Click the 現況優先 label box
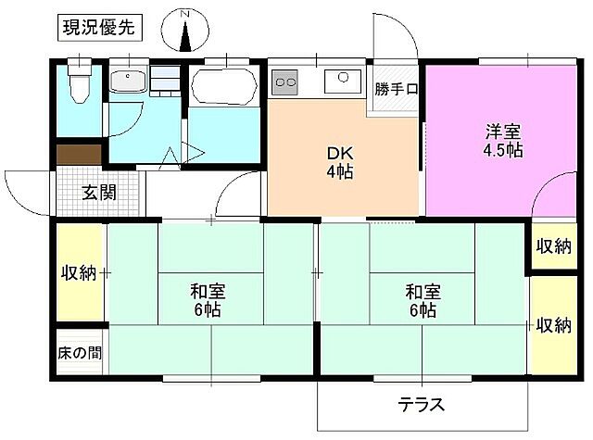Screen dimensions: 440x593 point(99,27)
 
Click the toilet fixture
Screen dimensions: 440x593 point(80,86)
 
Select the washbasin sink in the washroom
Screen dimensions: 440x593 point(128,82)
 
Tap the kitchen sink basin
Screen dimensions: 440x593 point(347,81)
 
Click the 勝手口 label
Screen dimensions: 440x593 point(397,89)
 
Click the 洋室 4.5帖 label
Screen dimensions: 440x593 point(502,140)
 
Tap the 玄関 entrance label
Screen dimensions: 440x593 point(98,193)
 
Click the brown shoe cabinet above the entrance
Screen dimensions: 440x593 point(78,155)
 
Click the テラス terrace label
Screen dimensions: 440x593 point(421,405)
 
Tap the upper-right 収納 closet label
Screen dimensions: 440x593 point(552,245)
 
